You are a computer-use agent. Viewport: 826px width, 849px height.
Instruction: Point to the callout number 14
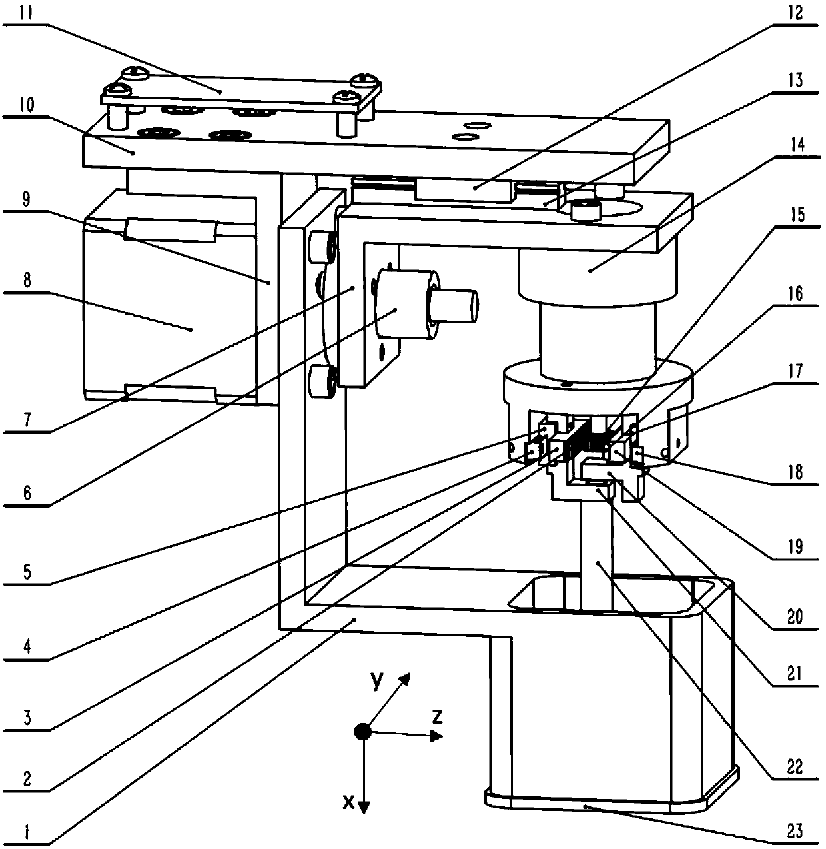click(797, 141)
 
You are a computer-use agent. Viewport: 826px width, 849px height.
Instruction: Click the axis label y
click(377, 680)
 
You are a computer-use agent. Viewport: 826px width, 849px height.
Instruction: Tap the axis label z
click(437, 717)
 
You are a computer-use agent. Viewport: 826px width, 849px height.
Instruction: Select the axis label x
click(348, 803)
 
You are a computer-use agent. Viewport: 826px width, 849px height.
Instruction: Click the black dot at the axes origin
click(362, 732)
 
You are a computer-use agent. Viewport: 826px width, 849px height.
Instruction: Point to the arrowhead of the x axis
click(363, 807)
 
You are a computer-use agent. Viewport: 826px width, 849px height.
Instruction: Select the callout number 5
click(27, 571)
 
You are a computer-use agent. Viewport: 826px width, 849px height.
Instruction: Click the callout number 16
click(797, 293)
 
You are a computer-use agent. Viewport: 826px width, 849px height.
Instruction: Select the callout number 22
click(797, 766)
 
